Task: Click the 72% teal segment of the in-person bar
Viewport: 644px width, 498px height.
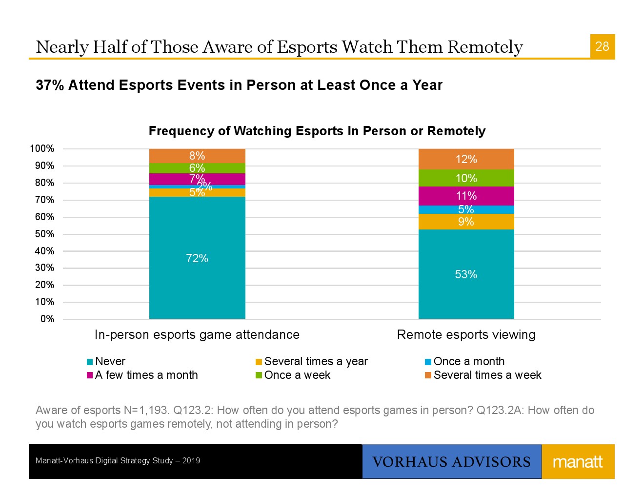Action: [x=197, y=258]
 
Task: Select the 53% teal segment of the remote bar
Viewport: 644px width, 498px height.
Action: [x=466, y=274]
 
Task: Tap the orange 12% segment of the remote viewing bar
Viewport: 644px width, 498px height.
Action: [x=466, y=159]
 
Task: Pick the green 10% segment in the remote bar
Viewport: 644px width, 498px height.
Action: [x=466, y=178]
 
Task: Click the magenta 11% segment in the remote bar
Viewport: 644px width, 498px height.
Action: [x=466, y=196]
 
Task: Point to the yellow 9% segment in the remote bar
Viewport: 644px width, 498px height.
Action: [x=466, y=222]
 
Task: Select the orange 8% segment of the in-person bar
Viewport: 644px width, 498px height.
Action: [x=197, y=156]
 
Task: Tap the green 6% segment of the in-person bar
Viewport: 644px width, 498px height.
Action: [x=197, y=168]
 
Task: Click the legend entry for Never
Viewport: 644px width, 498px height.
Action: [x=106, y=362]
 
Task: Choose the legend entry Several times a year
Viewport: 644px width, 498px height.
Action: [x=312, y=362]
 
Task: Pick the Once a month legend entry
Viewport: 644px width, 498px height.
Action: [x=464, y=362]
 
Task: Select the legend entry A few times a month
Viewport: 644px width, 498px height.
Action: [x=142, y=375]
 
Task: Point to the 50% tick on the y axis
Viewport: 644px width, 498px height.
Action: [x=44, y=234]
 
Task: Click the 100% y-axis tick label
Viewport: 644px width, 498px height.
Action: [x=42, y=149]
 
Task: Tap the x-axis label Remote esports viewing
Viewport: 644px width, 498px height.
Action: [x=466, y=334]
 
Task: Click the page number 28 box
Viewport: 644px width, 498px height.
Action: [x=602, y=46]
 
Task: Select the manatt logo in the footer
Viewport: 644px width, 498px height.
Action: [x=578, y=462]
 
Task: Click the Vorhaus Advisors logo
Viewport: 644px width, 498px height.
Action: [x=451, y=462]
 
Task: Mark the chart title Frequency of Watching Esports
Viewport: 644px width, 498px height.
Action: [x=317, y=131]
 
